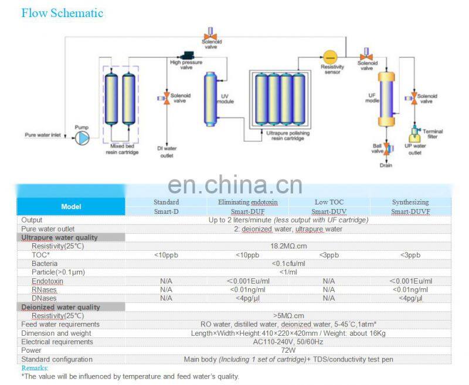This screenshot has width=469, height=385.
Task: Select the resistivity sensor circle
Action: [331, 57]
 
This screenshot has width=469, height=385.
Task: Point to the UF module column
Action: [385, 98]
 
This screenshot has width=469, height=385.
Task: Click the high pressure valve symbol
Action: [189, 54]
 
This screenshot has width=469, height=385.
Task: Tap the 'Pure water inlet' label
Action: [42, 135]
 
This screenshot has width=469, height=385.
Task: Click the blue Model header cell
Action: [71, 206]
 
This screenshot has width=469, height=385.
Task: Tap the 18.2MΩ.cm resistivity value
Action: [288, 246]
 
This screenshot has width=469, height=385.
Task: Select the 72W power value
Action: [288, 350]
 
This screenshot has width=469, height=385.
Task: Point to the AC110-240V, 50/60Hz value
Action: [288, 342]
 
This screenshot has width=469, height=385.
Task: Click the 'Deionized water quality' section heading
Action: [60, 307]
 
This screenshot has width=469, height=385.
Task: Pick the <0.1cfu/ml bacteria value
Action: [288, 264]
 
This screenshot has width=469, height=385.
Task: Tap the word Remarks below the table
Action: [34, 368]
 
